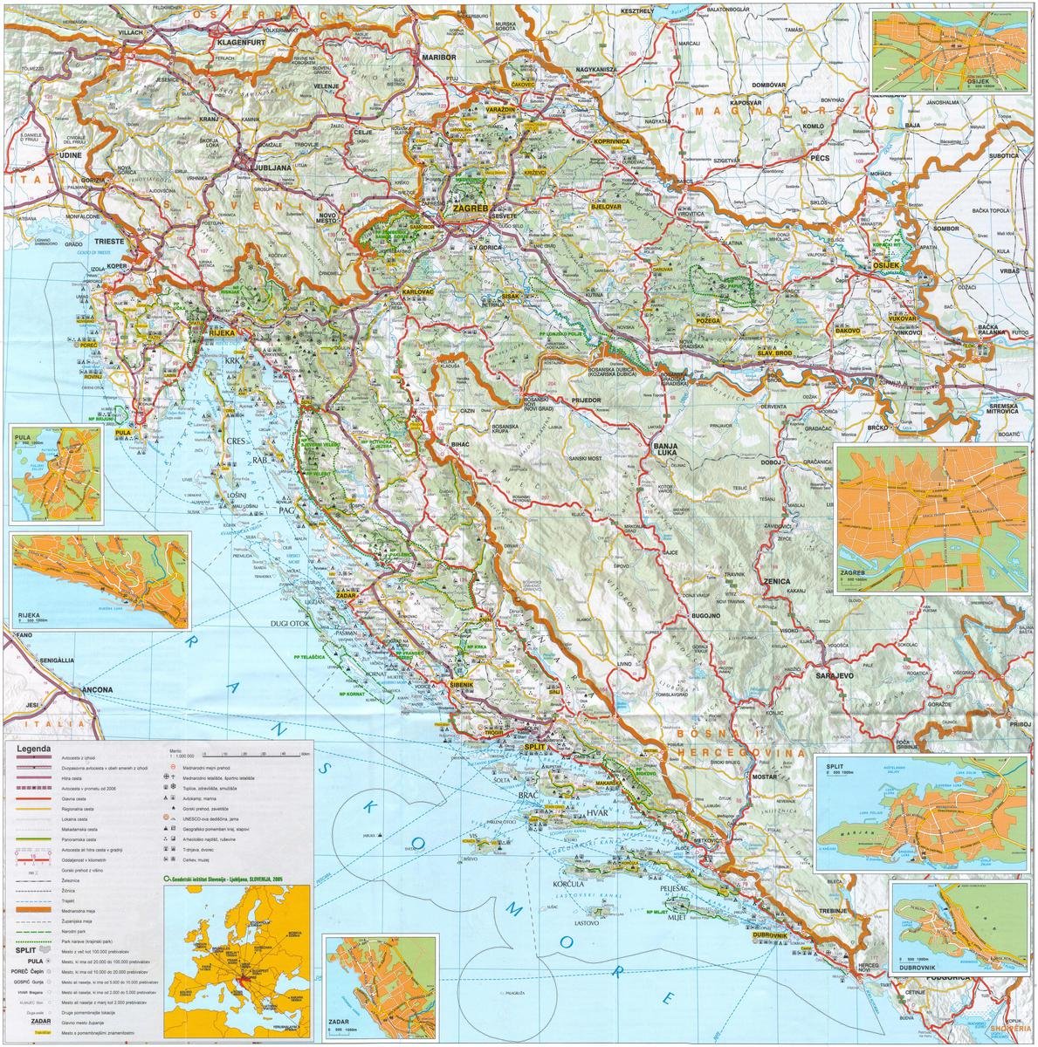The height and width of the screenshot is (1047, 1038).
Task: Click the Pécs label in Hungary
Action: (824, 161)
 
